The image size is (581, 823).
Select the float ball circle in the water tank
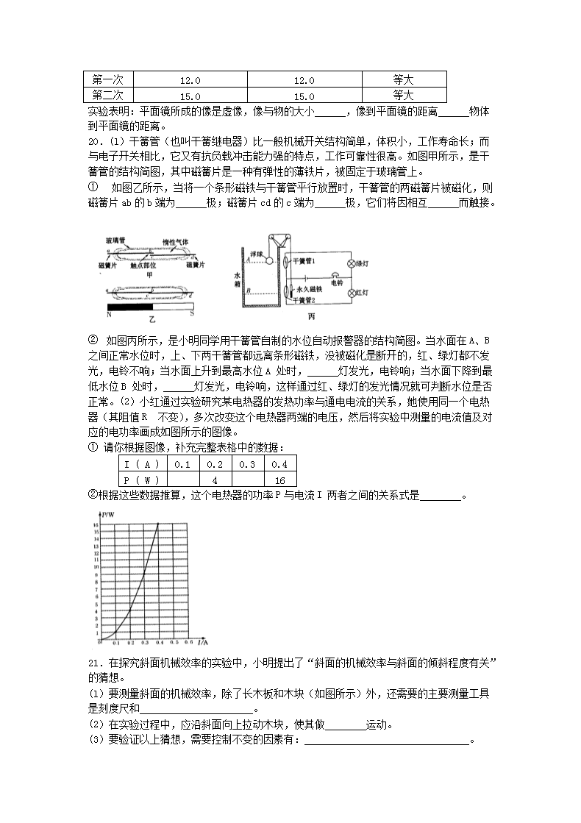269,260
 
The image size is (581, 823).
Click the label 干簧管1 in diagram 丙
304,260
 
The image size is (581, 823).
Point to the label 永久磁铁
311,291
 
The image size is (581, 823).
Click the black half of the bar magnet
130,307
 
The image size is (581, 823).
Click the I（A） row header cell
142,464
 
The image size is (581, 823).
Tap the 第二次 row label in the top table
107,95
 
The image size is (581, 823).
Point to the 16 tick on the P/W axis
96,524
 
